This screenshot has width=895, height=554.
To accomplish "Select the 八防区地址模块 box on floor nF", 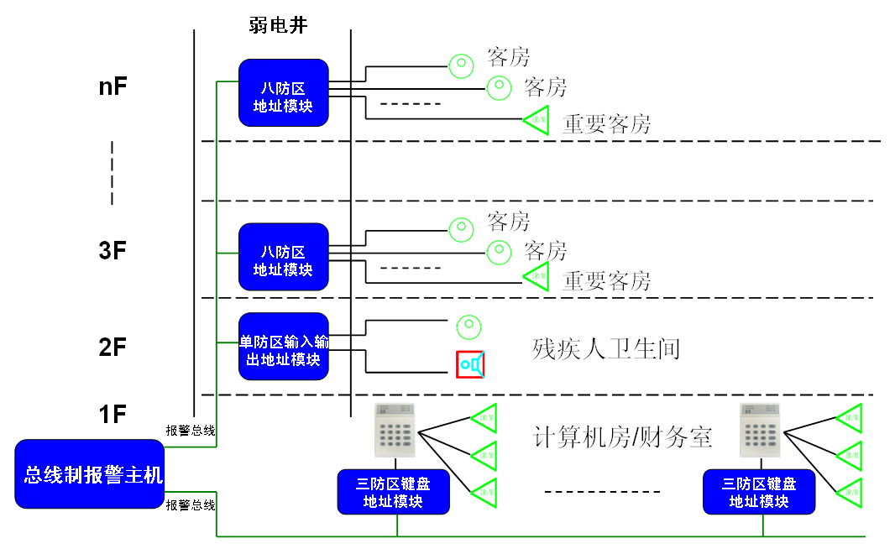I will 283,92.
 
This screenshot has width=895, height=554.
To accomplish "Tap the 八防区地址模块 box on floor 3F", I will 283,256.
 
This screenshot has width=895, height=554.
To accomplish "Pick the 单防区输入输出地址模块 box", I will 283,346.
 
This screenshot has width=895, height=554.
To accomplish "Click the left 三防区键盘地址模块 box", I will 393,492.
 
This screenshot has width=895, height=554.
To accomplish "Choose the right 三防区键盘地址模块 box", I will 759,492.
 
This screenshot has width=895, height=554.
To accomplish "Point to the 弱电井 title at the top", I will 278,26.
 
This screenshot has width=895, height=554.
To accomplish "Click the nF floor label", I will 113,86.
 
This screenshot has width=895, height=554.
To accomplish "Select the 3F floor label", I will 113,250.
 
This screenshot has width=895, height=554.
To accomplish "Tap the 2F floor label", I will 113,348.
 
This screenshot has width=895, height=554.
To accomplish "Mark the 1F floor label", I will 113,414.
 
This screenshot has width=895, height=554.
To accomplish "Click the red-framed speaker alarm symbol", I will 472,364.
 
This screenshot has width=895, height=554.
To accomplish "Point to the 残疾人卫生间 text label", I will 605,348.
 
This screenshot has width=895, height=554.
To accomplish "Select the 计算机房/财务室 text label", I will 623,436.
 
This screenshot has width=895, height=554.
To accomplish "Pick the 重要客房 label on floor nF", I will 606,124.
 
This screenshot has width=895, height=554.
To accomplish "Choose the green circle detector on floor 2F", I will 468,326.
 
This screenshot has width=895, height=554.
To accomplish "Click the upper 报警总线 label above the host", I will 191,431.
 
